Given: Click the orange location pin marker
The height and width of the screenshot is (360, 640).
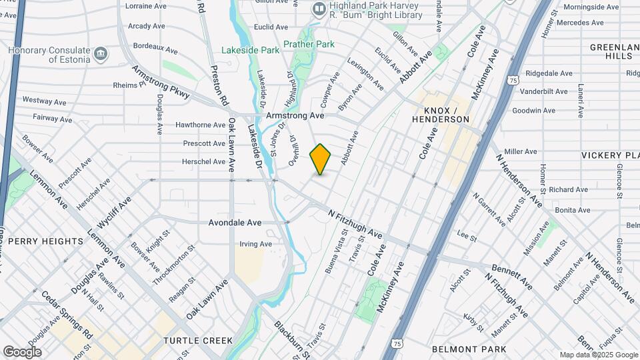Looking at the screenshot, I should point(321,159).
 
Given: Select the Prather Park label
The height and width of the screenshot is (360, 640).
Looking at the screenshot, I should point(308,45).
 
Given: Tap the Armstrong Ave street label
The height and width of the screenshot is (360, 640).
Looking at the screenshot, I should point(295,115).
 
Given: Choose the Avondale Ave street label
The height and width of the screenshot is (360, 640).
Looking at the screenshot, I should point(235,223).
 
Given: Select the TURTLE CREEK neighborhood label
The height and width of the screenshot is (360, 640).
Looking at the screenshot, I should point(198,341).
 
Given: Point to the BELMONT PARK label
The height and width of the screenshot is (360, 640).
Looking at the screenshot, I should point(469,349).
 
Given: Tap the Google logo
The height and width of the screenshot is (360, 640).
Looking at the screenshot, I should point(22,351).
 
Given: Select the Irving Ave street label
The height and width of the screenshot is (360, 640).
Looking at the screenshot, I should point(256,244).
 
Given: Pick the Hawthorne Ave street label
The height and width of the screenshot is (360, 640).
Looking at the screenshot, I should point(200,125).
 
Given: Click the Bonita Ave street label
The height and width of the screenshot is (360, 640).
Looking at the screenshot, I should point(573,210).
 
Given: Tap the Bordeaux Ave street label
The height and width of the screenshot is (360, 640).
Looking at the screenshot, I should point(155,50).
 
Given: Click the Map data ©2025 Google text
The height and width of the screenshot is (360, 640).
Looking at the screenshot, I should point(597,355).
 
